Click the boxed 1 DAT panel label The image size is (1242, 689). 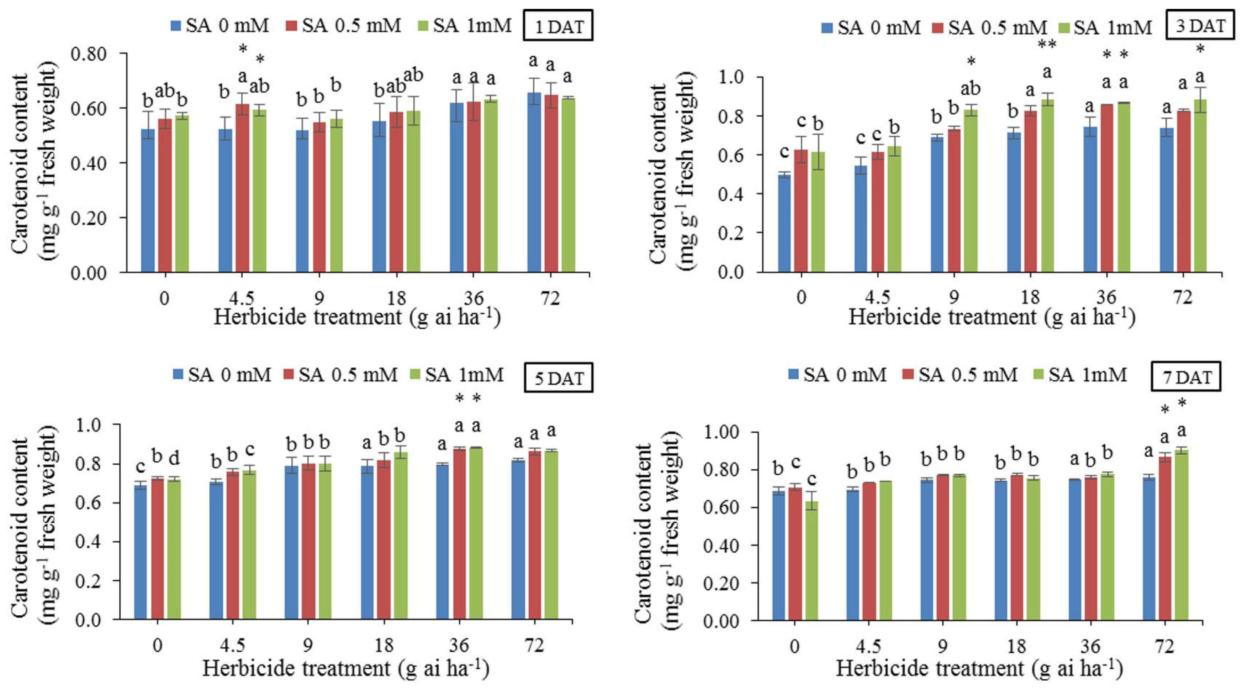(558, 26)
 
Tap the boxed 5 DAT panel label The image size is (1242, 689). (558, 378)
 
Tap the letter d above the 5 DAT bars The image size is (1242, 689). (174, 458)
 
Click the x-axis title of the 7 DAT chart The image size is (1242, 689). (979, 669)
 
